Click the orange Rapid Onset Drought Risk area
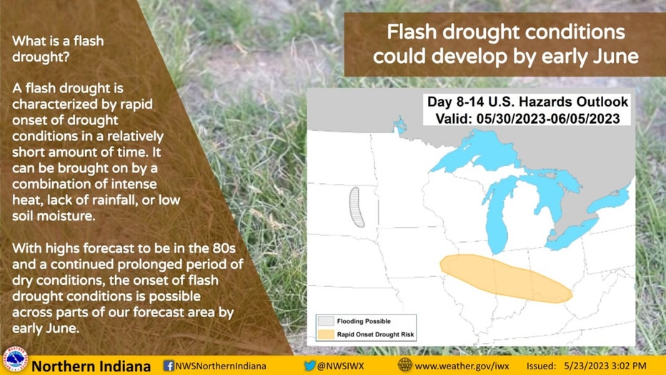pos(505,278)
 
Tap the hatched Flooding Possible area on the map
pos(357,207)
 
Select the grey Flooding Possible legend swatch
pos(326,321)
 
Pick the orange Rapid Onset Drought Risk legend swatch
pos(326,334)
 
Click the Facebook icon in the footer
pos(169,366)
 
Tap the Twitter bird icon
pos(309,366)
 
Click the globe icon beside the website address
pos(404,365)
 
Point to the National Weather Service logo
pos(15,361)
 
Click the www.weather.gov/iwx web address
pos(462,366)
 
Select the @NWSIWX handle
pos(341,366)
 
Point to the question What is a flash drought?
pos(58,49)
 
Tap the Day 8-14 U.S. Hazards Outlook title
pos(527,102)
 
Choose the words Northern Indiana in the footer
pos(91,366)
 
